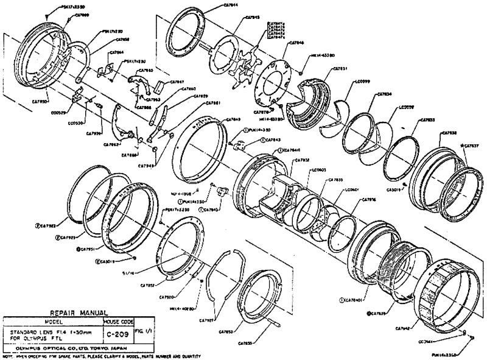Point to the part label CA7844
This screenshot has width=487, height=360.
[209, 5]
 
